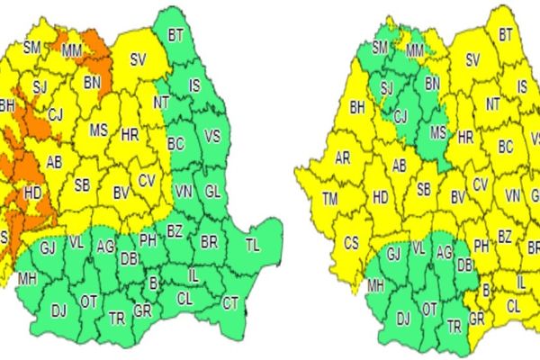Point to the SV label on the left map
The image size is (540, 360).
138,59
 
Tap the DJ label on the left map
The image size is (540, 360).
59,310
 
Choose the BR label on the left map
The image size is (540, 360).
209,242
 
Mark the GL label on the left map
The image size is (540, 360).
212,192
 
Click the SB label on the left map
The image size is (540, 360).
82,185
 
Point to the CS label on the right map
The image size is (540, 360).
351,242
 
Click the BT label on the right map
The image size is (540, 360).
505,34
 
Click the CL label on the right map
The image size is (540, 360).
514,306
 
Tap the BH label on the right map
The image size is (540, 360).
356,106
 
